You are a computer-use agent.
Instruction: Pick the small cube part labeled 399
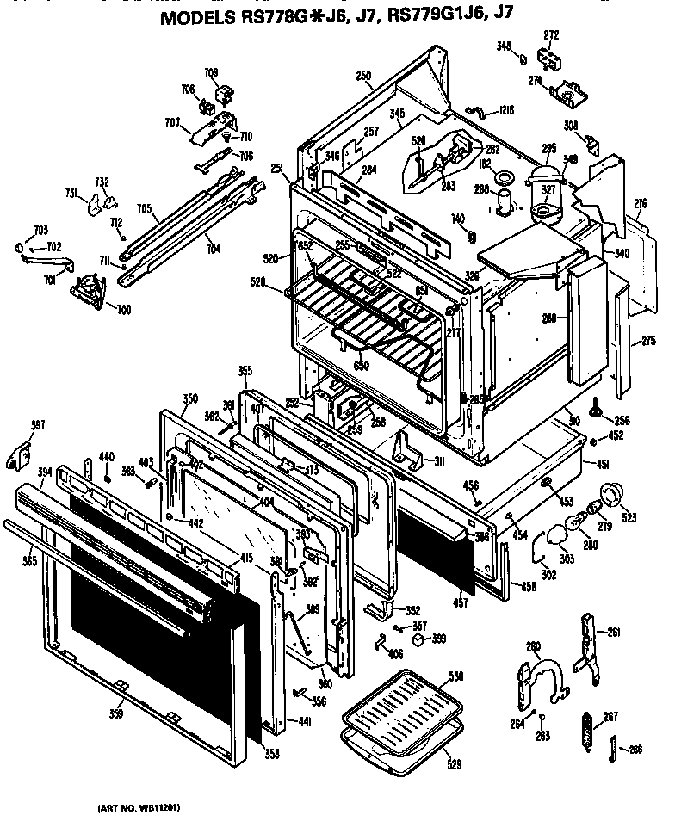418,639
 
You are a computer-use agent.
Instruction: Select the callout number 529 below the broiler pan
454,762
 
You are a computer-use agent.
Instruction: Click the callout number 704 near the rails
213,249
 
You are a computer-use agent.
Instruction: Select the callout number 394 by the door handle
19,472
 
